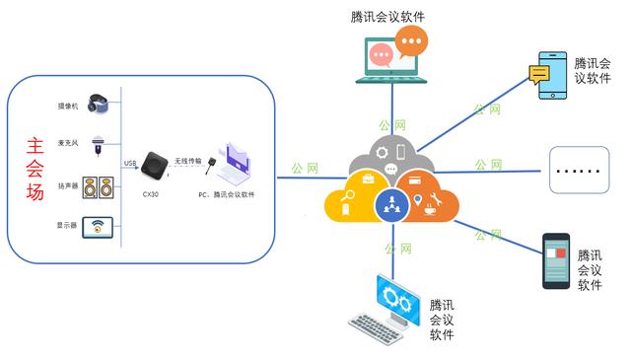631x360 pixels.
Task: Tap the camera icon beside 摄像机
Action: coord(97,102)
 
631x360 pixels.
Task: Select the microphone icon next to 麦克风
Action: coord(98,144)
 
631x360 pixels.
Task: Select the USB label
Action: coord(129,163)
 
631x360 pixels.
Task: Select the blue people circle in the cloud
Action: coord(392,205)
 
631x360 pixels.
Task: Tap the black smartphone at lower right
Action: coord(557,261)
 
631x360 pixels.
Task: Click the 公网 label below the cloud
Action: coord(397,249)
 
